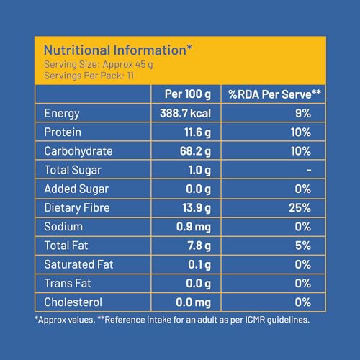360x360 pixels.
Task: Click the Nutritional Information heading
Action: coord(118,50)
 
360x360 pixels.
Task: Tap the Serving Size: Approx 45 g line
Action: coord(99,65)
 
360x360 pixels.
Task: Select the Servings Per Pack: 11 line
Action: coord(89,76)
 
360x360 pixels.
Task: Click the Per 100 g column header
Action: coord(188,94)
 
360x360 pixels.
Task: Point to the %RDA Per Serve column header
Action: coord(274,94)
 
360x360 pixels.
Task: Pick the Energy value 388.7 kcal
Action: coord(186,113)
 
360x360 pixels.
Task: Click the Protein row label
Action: coord(63,132)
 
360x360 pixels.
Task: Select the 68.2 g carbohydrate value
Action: coord(195,151)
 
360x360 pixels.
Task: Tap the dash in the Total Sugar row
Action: coord(309,170)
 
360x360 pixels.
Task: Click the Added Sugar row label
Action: coord(76,189)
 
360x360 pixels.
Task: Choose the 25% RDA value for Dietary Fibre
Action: coord(300,208)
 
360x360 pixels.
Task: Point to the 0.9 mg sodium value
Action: coord(194,227)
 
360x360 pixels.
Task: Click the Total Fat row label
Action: coord(66,246)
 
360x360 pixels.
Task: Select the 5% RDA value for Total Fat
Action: coord(303,246)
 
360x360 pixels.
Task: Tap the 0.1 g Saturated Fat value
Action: coord(199,264)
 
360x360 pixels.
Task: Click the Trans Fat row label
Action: coord(68,283)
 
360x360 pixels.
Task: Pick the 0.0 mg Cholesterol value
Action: coord(193,302)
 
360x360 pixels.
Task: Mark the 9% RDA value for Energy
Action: coord(303,113)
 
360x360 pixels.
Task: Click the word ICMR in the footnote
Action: coord(255,320)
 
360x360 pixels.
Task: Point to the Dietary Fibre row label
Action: coord(77,208)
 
